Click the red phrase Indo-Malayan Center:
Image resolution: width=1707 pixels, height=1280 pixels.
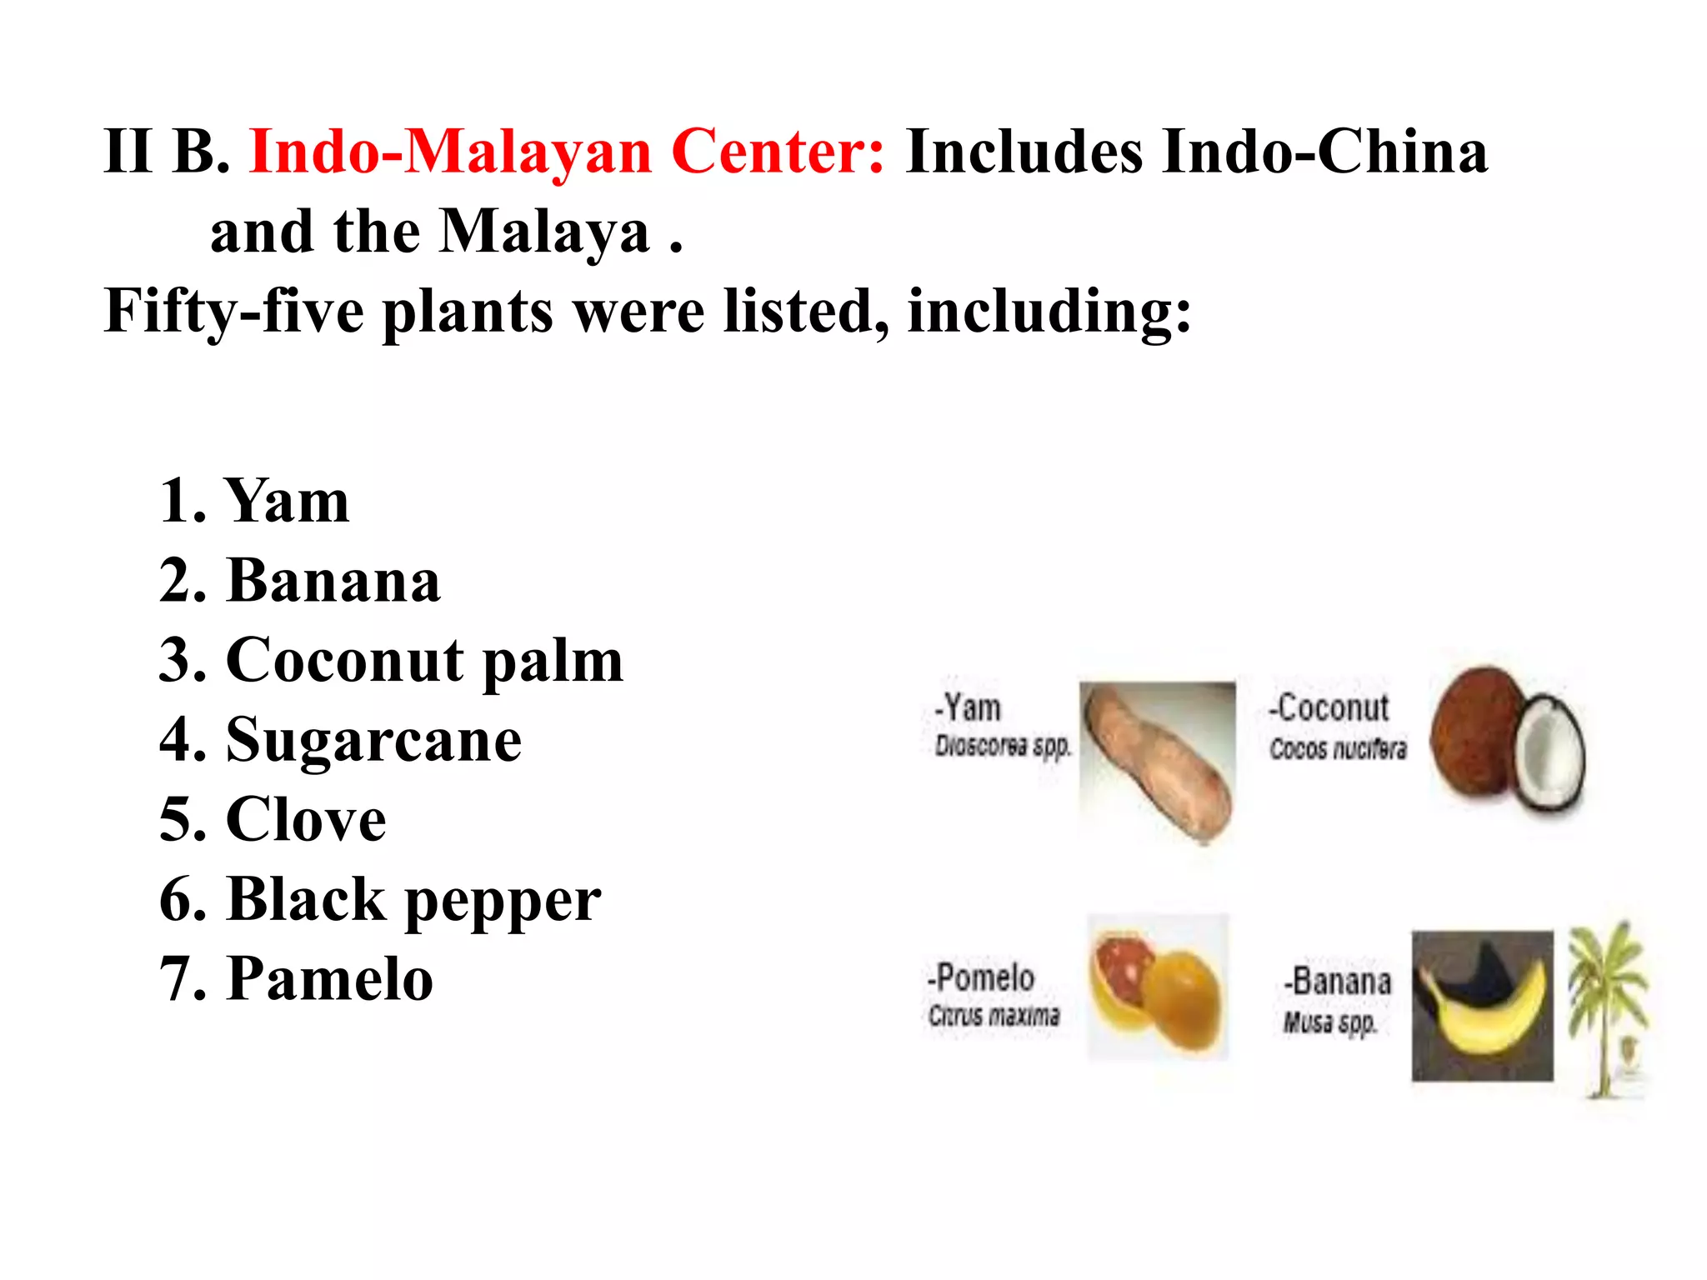click(566, 152)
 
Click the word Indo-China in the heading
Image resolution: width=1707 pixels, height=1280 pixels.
click(1325, 152)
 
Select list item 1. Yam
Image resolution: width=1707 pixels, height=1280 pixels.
click(254, 502)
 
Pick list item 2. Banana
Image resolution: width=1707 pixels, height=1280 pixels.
click(299, 581)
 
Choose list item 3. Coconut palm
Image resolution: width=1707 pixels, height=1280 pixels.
click(391, 661)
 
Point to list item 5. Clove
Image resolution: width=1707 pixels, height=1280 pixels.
click(273, 820)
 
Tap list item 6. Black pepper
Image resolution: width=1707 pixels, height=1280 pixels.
click(380, 900)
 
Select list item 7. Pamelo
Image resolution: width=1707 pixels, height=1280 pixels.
click(296, 979)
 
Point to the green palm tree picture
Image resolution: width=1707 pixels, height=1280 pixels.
click(1608, 1008)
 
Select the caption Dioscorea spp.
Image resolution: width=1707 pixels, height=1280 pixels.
click(1002, 746)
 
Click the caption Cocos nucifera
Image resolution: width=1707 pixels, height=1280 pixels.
click(1338, 748)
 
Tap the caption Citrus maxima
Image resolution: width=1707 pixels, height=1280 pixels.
click(994, 1015)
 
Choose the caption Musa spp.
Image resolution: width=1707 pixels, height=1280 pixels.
click(1330, 1022)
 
